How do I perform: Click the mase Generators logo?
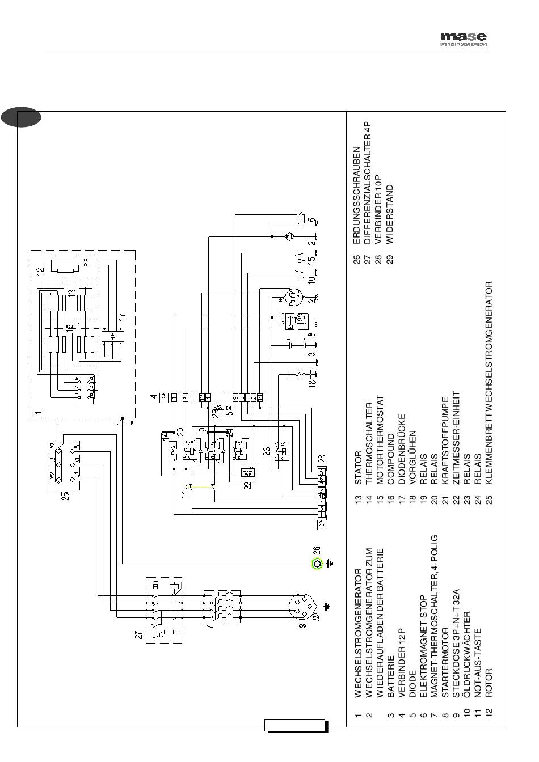(x=464, y=39)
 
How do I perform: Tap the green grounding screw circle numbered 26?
(x=316, y=564)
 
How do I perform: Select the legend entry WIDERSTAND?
(x=389, y=214)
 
